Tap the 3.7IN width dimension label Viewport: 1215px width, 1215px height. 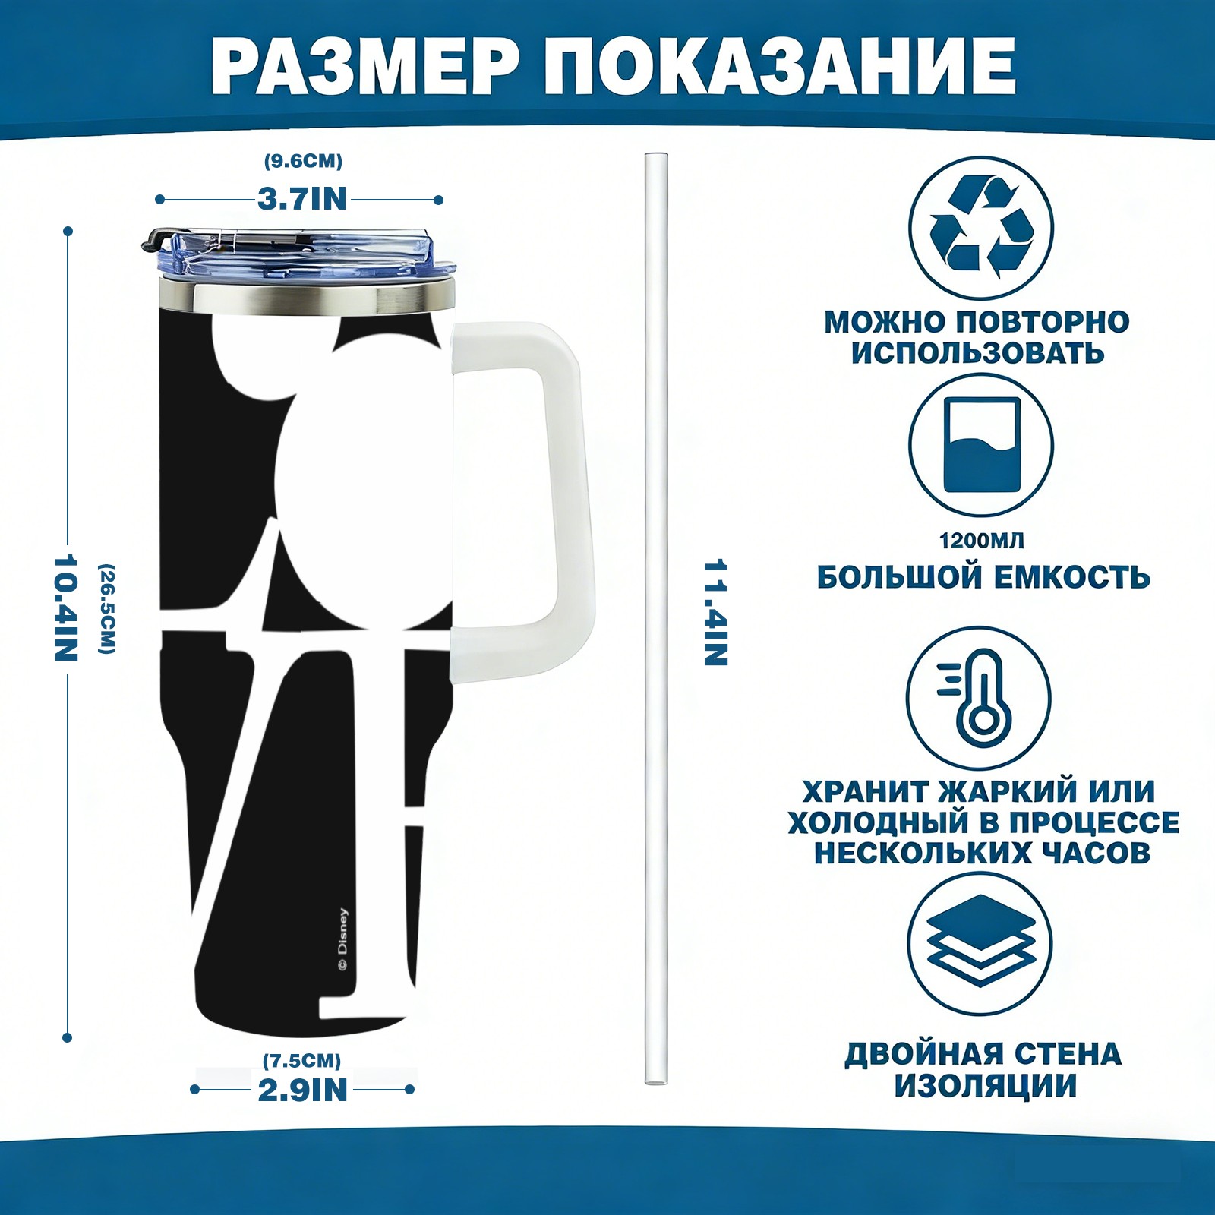click(x=301, y=199)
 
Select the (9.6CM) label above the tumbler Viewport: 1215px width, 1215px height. click(x=303, y=161)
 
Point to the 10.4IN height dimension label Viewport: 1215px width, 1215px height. click(x=67, y=607)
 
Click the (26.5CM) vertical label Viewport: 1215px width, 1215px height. click(x=107, y=608)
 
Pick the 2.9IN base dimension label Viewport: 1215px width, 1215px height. click(x=302, y=1090)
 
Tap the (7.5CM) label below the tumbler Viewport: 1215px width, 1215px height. click(x=302, y=1060)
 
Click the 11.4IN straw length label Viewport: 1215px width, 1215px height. click(x=715, y=613)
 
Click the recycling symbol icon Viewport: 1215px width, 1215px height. click(x=981, y=227)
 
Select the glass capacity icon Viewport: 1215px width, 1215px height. click(x=981, y=445)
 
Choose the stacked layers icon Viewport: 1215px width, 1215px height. click(x=981, y=944)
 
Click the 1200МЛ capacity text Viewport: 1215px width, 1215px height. click(x=981, y=541)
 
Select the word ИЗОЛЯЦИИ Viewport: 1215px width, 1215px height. click(x=985, y=1086)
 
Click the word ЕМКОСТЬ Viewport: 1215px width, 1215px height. click(x=1072, y=577)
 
